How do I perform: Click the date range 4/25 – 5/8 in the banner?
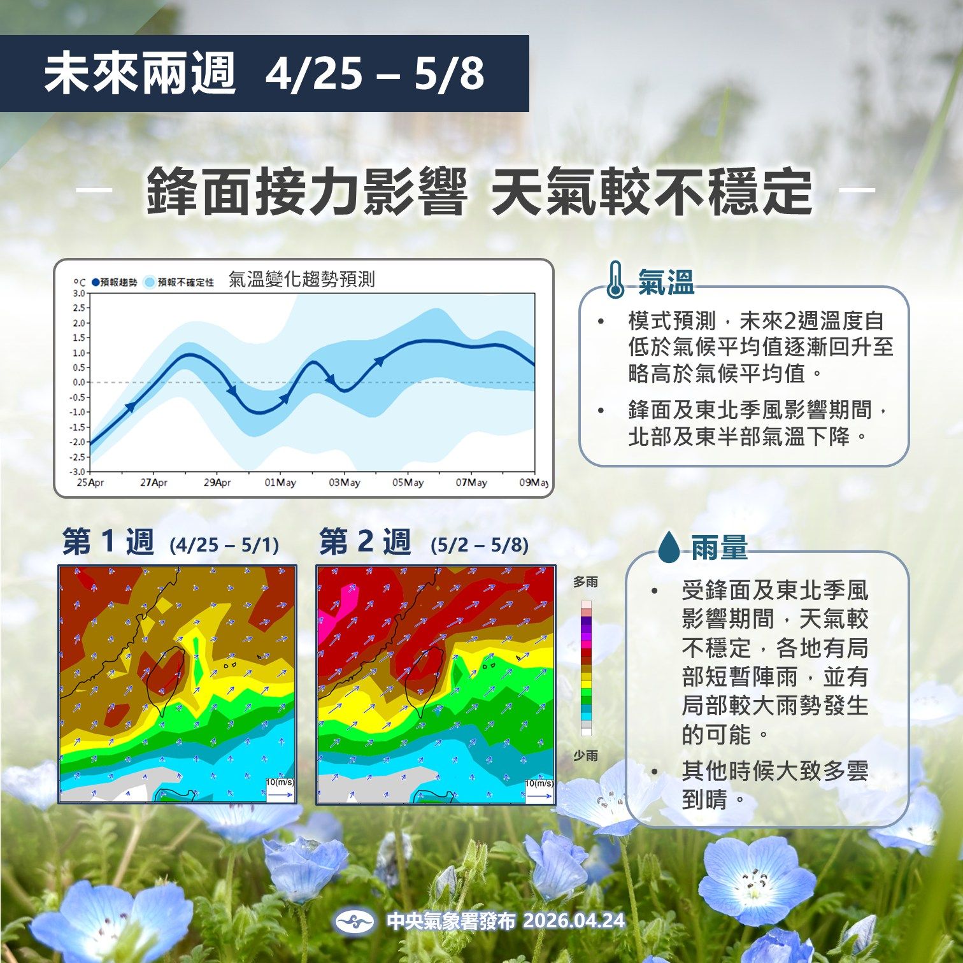point(374,74)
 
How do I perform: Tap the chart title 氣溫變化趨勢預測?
point(301,280)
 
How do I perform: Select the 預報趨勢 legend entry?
point(115,282)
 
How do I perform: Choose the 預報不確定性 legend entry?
point(180,282)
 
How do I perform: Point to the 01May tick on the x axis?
point(280,483)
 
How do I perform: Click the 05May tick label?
point(408,483)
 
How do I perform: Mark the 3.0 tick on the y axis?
point(78,293)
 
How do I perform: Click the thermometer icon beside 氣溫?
point(615,280)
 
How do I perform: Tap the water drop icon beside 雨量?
point(669,547)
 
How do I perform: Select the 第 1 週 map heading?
point(108,543)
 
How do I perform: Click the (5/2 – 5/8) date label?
point(479,545)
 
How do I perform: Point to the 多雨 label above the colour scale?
point(585,582)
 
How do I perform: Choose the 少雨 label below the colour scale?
point(585,755)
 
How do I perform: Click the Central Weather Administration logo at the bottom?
point(355,921)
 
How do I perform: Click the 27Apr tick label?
point(153,483)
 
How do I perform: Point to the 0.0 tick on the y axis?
point(78,382)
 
